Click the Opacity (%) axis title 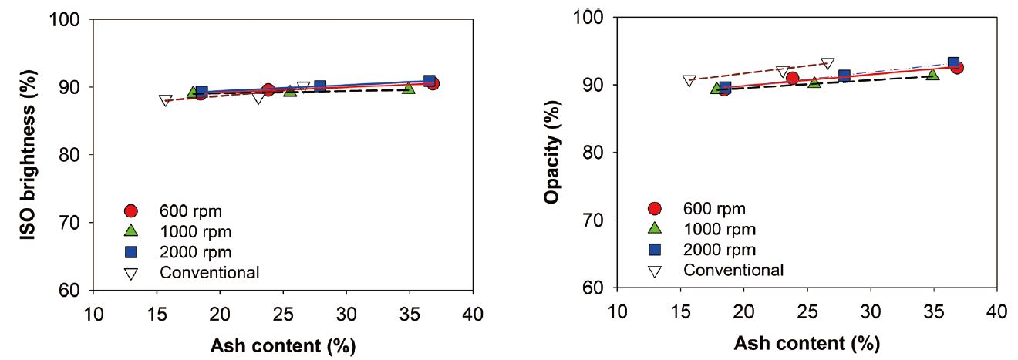click(x=551, y=152)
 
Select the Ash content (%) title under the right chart click(x=807, y=342)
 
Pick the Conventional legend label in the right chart click(x=733, y=270)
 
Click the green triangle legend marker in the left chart click(x=131, y=230)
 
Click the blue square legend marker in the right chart click(x=655, y=249)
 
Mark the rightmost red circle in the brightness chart click(x=433, y=83)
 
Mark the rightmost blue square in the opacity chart click(x=953, y=63)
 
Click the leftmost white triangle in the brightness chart click(x=166, y=100)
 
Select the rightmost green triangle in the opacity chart click(x=933, y=74)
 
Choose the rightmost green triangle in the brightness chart click(x=409, y=88)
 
